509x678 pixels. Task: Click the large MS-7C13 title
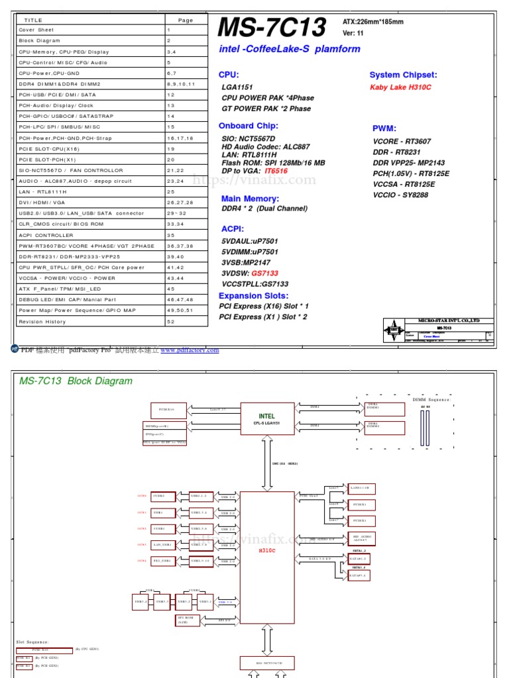272,28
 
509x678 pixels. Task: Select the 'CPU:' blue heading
229,75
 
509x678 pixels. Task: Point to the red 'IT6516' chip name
276,171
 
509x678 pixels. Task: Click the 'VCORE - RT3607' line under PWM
402,141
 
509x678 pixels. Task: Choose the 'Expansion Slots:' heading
253,295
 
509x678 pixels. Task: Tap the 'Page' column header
186,20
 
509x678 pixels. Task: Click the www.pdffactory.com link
190,350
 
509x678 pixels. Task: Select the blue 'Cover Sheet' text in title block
432,336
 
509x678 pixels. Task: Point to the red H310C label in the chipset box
266,550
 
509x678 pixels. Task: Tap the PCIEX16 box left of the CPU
163,410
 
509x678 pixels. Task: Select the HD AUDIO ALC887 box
364,538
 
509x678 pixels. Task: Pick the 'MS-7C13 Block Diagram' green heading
76,381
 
